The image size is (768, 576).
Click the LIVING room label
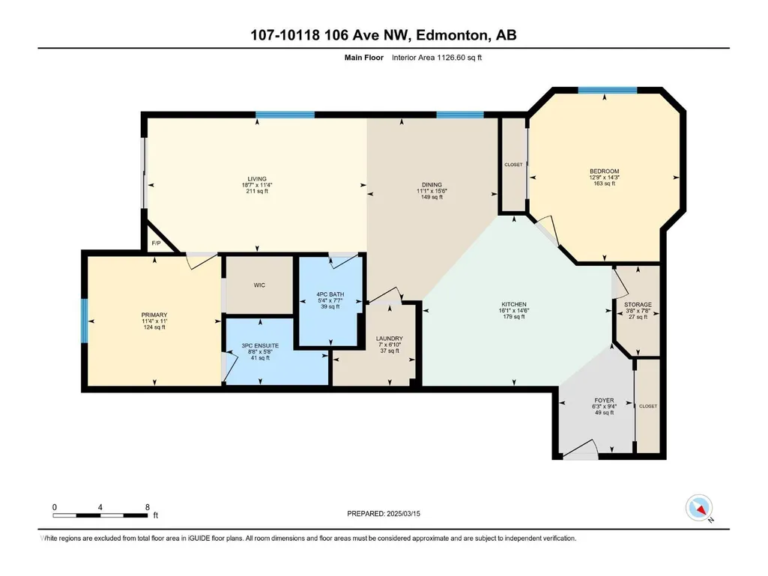coord(257,179)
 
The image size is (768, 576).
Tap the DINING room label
coord(432,185)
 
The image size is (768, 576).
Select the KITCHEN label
coord(514,304)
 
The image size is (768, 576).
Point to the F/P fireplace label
coord(157,243)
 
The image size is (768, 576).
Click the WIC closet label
coord(259,285)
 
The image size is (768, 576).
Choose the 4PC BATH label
coord(330,294)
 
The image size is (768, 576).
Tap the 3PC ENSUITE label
coord(260,345)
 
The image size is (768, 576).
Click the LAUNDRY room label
coord(390,339)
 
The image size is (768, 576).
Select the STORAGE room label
coord(638,304)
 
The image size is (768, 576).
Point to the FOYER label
coord(604,400)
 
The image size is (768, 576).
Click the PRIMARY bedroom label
coord(154,315)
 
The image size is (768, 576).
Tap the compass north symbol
coord(699,509)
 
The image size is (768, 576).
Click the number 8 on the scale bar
coord(148,507)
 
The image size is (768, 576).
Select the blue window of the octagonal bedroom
coord(608,90)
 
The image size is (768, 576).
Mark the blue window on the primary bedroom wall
coord(84,321)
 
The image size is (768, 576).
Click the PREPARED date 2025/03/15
coord(404,514)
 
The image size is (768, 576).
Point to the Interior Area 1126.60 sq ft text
coord(436,58)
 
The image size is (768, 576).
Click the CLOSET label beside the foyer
coord(648,406)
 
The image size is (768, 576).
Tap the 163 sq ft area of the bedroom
coord(605,184)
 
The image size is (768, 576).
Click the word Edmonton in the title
coord(453,35)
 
